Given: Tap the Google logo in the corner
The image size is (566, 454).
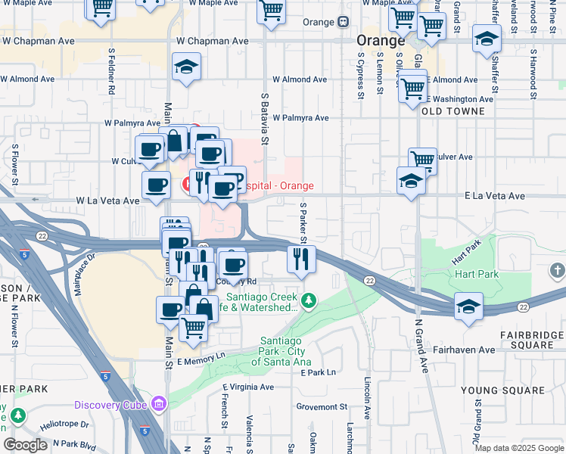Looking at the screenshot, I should click(x=25, y=445).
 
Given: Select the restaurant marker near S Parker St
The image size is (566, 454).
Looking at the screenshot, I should click(x=301, y=260).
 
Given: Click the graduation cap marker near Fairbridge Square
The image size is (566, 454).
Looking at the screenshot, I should click(x=468, y=306).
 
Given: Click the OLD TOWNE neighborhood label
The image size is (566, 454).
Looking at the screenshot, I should click(x=452, y=111).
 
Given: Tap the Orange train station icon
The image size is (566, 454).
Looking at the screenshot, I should click(x=343, y=22).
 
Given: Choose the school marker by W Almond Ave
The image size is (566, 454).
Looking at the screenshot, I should click(x=185, y=67).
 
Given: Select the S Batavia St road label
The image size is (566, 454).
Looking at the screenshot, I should click(x=264, y=118).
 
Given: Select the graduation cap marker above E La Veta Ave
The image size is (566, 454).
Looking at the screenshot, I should click(x=410, y=181).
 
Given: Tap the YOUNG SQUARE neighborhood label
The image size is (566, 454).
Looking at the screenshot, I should click(x=502, y=390).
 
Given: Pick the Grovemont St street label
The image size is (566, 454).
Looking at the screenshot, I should click(x=322, y=406).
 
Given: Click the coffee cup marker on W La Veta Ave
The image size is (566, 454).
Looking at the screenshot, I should click(x=156, y=185).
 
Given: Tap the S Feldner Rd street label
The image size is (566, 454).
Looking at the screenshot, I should click(x=111, y=72).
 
